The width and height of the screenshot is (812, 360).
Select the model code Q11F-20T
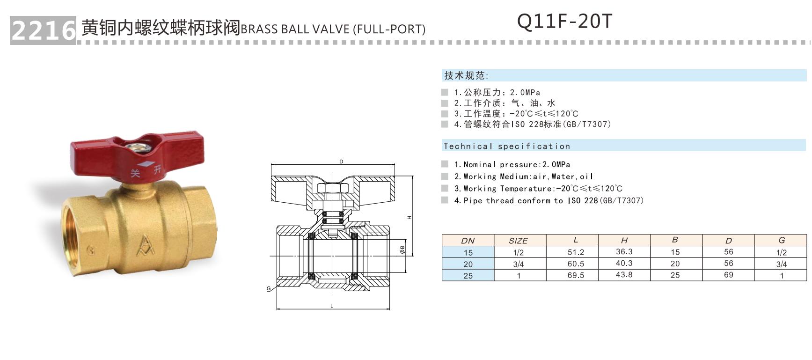564,22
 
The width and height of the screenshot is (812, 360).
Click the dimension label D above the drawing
341,162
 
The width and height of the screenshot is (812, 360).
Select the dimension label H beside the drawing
409,217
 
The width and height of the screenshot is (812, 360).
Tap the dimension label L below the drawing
332,306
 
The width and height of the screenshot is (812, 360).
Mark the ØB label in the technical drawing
402,249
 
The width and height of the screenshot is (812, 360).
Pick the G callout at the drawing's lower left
269,288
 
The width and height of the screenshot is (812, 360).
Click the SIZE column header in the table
518,241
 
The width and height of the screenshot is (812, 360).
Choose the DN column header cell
468,241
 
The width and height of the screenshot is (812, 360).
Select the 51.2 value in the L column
576,252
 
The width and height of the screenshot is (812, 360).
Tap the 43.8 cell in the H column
624,275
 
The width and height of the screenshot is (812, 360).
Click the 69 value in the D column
728,275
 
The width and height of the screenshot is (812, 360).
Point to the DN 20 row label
468,264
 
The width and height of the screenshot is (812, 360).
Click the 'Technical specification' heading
507,146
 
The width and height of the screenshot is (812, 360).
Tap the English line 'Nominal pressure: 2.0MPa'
512,164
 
